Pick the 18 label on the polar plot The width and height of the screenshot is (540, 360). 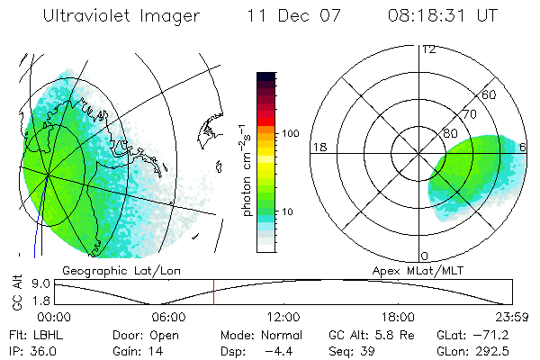point(319,147)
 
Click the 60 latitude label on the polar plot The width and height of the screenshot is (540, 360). point(490,94)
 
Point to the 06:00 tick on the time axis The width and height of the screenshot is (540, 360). point(168,317)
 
